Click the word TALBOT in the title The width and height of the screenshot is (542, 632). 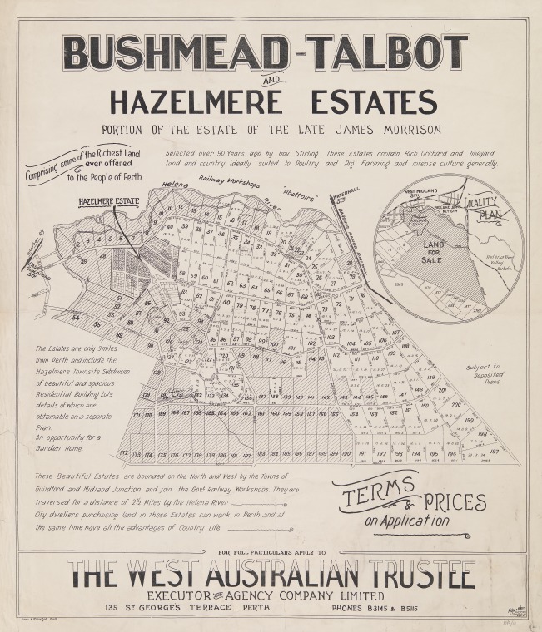tap(387, 53)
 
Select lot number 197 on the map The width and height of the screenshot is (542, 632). tap(495, 451)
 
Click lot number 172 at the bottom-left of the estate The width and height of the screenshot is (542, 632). tap(124, 452)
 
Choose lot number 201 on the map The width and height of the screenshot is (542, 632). tap(441, 390)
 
